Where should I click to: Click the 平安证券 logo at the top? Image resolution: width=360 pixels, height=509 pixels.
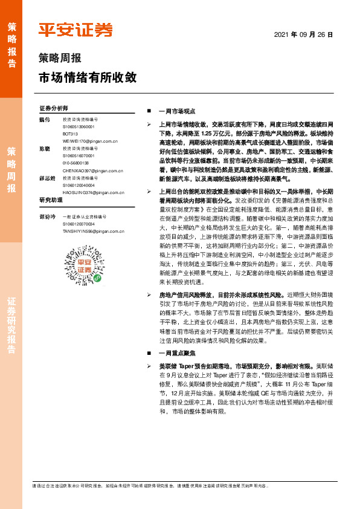(75, 30)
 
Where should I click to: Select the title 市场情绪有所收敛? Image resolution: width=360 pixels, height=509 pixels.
(87, 78)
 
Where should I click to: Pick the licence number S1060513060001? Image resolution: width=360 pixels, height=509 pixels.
(79, 126)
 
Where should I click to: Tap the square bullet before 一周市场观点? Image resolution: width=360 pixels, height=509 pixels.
(149, 112)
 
